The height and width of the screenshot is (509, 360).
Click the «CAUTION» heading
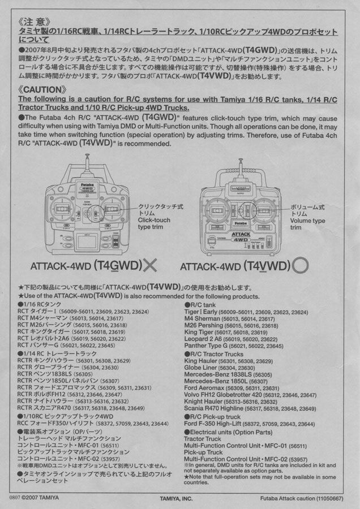click(x=42, y=89)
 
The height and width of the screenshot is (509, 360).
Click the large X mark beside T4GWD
click(x=150, y=266)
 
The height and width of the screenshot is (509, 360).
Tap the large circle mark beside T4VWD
click(x=300, y=266)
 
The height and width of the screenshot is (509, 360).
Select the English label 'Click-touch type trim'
click(x=154, y=223)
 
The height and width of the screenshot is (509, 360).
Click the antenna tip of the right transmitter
click(x=241, y=160)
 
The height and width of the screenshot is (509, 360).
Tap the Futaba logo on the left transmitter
click(x=87, y=184)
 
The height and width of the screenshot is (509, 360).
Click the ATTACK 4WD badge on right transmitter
click(x=241, y=236)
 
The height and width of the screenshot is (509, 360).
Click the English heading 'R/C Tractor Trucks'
click(x=214, y=354)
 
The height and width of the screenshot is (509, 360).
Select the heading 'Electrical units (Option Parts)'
click(x=228, y=432)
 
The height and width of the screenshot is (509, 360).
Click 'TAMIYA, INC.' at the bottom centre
click(x=176, y=498)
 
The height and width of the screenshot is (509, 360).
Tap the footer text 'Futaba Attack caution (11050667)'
click(x=302, y=498)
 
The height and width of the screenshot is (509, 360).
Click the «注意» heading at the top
click(x=35, y=22)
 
